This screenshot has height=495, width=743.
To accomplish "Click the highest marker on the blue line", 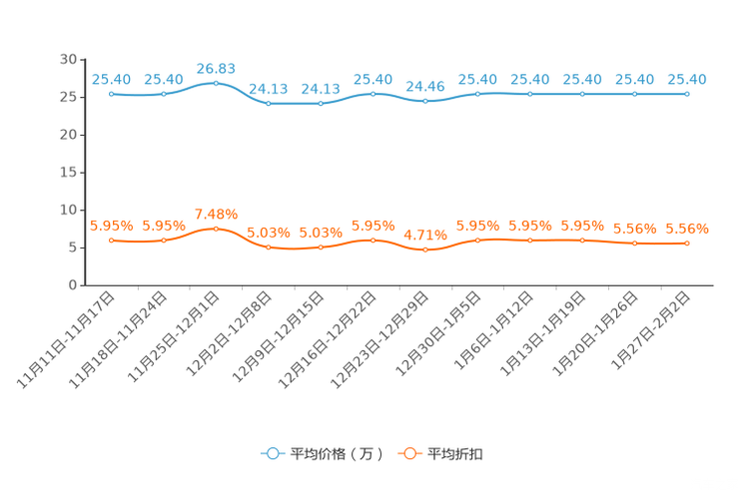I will [x=216, y=83].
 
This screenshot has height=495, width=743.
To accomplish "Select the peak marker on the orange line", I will [x=216, y=228].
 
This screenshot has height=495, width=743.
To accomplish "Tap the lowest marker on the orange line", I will [x=425, y=250].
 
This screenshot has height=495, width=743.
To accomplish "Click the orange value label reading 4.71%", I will [x=425, y=236].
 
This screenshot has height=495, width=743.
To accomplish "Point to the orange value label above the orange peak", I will [x=216, y=214].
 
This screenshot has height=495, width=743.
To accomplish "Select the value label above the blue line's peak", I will [x=216, y=68].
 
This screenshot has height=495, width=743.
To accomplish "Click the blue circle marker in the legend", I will [x=272, y=453].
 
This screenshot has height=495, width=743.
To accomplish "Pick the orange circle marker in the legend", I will [x=407, y=453].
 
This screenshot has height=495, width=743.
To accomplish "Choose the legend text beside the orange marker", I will [x=456, y=454].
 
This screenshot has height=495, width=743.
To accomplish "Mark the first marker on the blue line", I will [x=111, y=94].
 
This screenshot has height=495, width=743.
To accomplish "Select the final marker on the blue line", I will [x=687, y=94].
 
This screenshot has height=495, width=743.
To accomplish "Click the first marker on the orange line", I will [x=111, y=240].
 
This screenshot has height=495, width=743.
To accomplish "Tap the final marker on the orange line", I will [x=687, y=243].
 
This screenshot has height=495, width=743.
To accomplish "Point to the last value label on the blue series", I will [x=687, y=79].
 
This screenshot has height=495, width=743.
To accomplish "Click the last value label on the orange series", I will [x=687, y=228].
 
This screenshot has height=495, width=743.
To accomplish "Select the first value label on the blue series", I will [x=111, y=79].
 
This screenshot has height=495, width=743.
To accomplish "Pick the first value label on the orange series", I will [x=111, y=225].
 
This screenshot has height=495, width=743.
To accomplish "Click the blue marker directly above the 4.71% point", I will [x=425, y=100].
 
